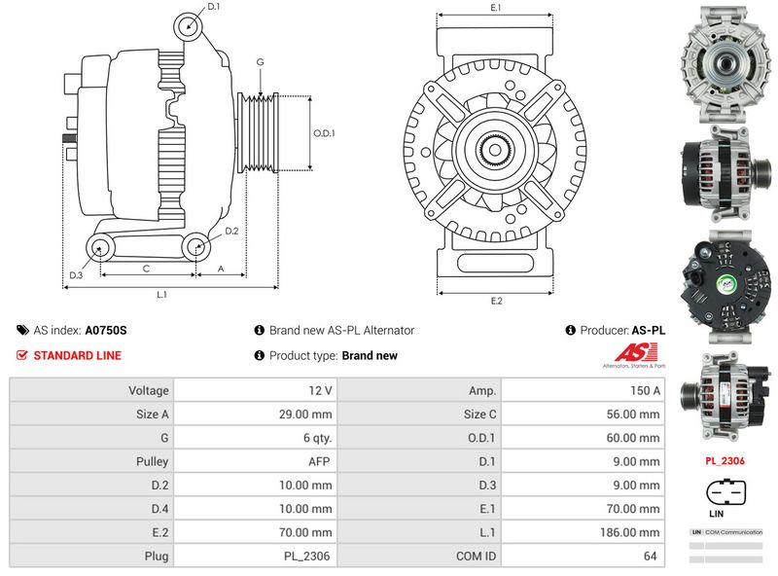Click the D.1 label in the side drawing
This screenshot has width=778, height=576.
[214, 8]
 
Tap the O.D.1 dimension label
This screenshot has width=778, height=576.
[324, 133]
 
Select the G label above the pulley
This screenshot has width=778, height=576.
[260, 62]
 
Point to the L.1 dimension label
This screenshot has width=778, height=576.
[162, 294]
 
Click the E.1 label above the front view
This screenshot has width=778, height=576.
[496, 8]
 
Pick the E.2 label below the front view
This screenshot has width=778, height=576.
[496, 301]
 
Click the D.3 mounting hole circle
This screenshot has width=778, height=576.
[100, 248]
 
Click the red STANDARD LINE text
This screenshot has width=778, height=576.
[77, 355]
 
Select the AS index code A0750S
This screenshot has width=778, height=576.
[106, 330]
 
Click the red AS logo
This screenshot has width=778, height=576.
[632, 354]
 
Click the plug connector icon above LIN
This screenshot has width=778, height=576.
[725, 492]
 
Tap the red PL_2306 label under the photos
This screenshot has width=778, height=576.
[725, 460]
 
